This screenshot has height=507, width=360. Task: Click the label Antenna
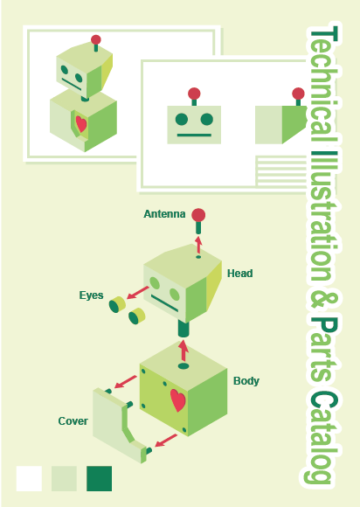[164, 214]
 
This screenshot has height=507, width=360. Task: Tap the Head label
[239, 274]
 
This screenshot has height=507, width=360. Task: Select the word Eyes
[91, 295]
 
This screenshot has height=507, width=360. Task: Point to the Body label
[246, 381]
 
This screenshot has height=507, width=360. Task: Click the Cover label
[73, 421]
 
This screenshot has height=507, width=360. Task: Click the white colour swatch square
[29, 478]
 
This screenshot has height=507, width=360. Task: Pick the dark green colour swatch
[100, 478]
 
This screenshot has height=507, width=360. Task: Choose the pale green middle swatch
[64, 478]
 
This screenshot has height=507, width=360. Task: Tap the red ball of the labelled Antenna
[198, 215]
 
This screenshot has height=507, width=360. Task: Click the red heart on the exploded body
[177, 400]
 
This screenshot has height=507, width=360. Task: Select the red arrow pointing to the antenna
[198, 245]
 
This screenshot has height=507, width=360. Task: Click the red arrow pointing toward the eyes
[138, 293]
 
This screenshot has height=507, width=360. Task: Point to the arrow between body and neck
[183, 351]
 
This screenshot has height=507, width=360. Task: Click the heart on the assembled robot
[81, 124]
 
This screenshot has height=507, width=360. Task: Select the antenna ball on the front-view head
[194, 94]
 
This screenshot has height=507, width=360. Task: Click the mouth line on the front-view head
[194, 135]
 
